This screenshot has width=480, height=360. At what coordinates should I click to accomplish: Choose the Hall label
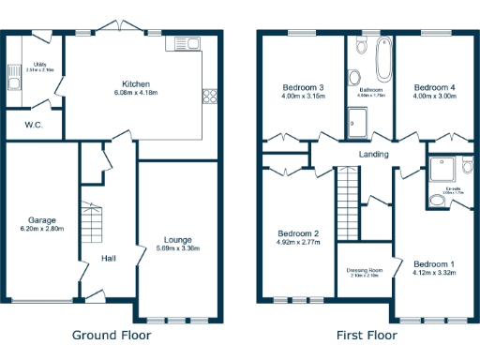point(109,259)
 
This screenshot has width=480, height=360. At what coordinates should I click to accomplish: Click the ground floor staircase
point(91,226)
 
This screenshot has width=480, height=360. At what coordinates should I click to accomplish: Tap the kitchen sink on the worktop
point(182,43)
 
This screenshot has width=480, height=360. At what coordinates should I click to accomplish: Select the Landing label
point(374,154)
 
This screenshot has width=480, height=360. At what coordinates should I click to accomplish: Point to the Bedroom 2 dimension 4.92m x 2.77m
point(299,242)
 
